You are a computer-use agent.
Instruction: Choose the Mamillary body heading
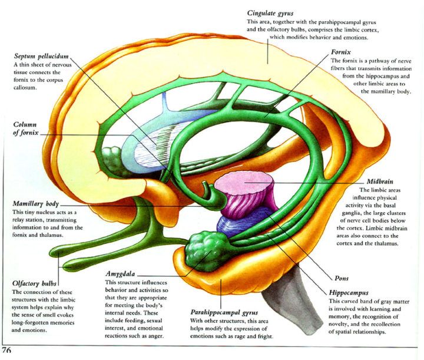41,203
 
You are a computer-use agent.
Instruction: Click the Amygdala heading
122,275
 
